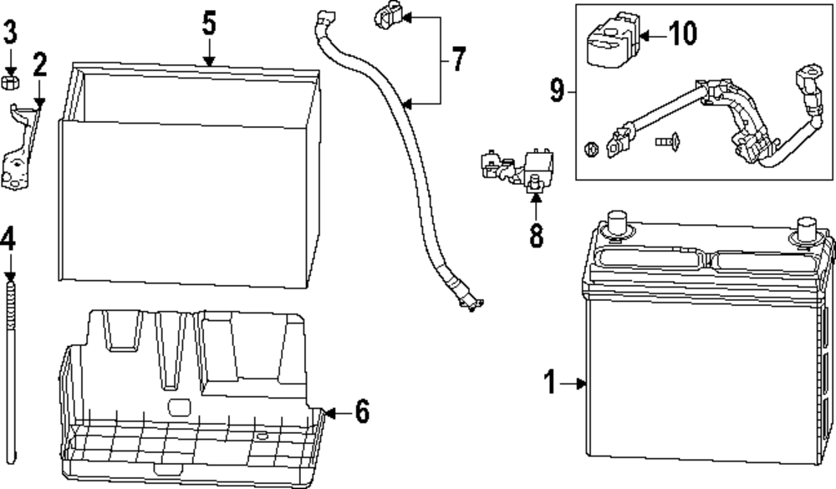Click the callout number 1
[549, 383]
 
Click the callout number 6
[360, 411]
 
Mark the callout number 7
[458, 60]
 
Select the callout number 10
[683, 34]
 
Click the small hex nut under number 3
[11, 81]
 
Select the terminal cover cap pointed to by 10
[610, 42]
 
